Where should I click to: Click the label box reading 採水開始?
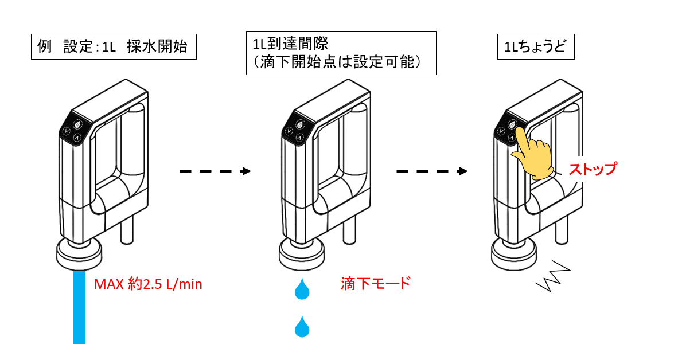(114, 48)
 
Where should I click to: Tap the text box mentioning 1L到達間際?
(341, 53)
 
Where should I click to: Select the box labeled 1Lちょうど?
(535, 48)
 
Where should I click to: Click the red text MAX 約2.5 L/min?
(148, 284)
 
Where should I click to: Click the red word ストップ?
(592, 170)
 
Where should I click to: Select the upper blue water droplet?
(301, 289)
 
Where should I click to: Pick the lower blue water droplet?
(301, 327)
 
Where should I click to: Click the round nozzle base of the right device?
(514, 253)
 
